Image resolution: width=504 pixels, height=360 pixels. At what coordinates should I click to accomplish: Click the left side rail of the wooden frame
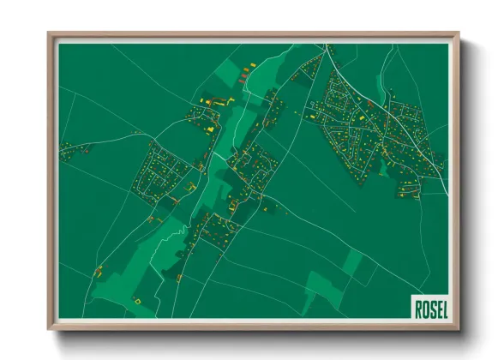[51, 180]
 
